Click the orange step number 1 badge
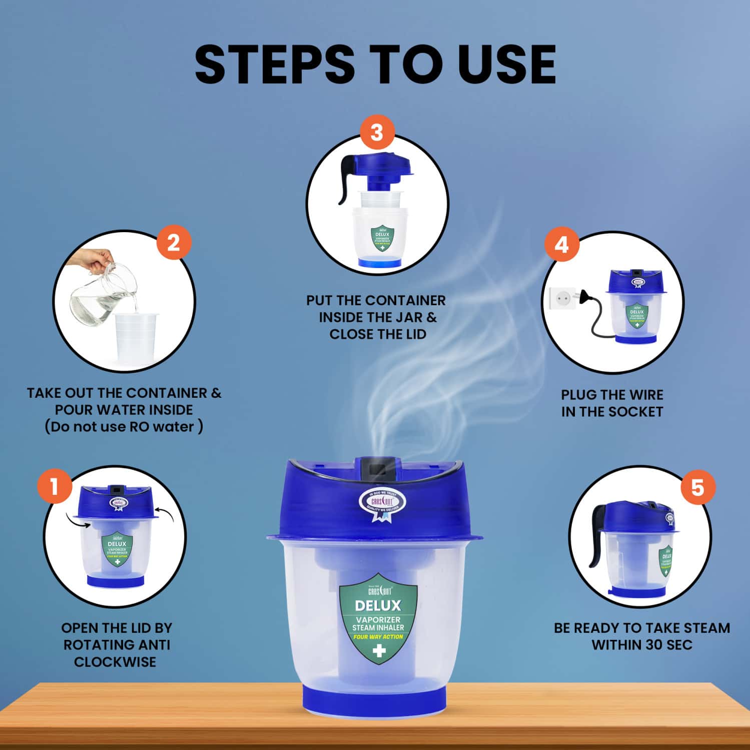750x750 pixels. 54,486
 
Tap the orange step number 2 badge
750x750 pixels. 174,244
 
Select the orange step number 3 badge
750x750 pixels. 377,133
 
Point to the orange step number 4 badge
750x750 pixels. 561,245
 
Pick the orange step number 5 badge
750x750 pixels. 697,487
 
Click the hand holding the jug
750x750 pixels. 92,260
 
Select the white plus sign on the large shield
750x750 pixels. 379,651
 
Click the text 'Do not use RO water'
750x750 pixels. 124,427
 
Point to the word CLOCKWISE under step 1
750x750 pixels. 115,661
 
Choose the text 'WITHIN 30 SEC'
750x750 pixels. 642,644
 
